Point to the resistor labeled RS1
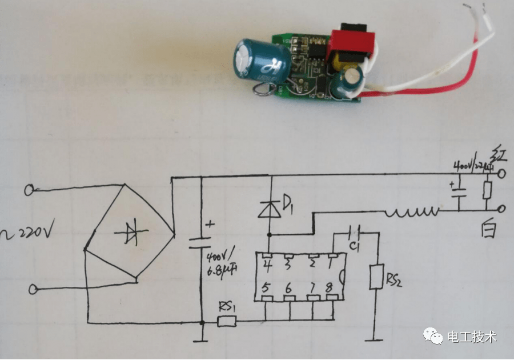227,322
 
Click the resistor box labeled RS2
376,277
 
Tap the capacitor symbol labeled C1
356,232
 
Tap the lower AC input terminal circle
33,290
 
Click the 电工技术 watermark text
472,337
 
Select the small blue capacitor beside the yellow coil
348,82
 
